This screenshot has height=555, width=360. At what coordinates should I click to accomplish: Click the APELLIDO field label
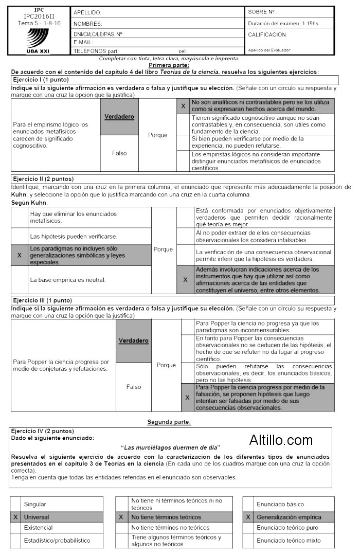[88, 12]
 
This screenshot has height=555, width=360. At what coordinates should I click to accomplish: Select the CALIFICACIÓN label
[267, 35]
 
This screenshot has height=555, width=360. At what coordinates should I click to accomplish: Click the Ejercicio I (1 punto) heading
[40, 80]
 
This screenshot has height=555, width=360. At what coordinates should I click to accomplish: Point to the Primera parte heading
[169, 65]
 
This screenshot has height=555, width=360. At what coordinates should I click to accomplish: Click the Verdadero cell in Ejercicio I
[119, 117]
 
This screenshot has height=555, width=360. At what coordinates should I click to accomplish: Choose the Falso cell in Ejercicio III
[134, 387]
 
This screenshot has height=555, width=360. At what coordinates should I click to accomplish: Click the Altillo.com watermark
[281, 440]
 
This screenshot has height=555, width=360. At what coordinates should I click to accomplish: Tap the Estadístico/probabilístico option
[57, 541]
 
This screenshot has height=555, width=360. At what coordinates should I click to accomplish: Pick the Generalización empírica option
[289, 517]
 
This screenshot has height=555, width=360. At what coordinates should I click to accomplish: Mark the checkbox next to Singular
[16, 504]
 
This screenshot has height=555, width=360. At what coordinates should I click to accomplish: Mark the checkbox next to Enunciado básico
[249, 504]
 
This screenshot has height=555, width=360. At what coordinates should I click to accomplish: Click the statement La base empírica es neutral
[68, 280]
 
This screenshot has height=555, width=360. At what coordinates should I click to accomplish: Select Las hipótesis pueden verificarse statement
[74, 236]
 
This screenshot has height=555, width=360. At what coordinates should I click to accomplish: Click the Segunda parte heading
[169, 422]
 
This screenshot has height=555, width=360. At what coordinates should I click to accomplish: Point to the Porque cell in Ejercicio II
[164, 249]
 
